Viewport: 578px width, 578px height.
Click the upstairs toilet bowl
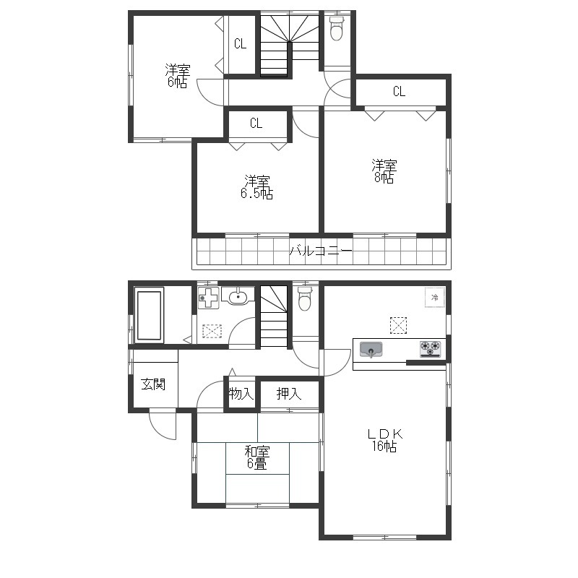point(336,28)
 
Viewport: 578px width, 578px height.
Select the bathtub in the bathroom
point(149,315)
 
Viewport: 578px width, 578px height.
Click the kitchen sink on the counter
point(371,349)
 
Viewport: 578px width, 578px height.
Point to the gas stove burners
point(430,349)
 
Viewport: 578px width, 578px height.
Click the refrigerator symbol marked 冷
point(435,297)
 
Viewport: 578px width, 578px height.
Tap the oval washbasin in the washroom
point(240,296)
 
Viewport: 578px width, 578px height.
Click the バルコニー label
point(321,251)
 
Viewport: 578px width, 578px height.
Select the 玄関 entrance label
point(153,384)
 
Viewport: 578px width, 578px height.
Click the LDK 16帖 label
point(384,440)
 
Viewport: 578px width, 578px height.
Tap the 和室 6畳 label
point(257,457)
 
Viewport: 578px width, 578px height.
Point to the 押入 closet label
point(289,394)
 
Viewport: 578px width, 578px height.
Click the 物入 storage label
point(241,394)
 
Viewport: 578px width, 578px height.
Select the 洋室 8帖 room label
point(384,171)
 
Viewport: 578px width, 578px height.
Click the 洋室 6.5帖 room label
point(257,187)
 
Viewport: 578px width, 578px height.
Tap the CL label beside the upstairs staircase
point(240,44)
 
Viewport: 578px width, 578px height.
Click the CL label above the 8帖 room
point(399,91)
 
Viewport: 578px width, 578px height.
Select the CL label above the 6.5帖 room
point(256,123)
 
